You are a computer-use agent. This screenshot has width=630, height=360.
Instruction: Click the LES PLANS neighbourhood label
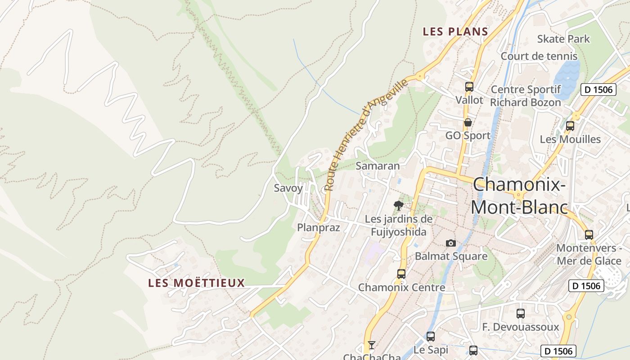pyautogui.click(x=455, y=31)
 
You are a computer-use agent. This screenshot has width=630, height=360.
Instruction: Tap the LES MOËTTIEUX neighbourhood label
pyautogui.click(x=197, y=283)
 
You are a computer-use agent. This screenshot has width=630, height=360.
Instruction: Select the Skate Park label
pyautogui.click(x=563, y=39)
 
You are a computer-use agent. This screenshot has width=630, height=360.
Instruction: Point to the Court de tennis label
pyautogui.click(x=539, y=56)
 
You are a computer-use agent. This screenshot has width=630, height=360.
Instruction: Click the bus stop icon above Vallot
pyautogui.click(x=469, y=87)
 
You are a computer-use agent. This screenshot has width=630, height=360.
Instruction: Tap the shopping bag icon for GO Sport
pyautogui.click(x=468, y=122)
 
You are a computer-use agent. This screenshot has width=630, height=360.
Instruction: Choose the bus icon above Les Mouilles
pyautogui.click(x=570, y=126)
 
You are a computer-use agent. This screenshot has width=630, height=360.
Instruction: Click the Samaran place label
pyautogui.click(x=378, y=166)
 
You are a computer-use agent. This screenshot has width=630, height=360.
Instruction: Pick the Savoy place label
pyautogui.click(x=288, y=188)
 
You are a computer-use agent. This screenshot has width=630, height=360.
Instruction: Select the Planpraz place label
pyautogui.click(x=318, y=228)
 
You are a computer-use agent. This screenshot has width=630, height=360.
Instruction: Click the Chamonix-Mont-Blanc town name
pyautogui.click(x=518, y=196)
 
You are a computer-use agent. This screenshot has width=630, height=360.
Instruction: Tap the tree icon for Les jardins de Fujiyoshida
pyautogui.click(x=398, y=206)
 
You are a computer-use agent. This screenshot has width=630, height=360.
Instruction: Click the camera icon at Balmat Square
pyautogui.click(x=451, y=243)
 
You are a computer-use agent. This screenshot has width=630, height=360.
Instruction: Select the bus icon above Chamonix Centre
pyautogui.click(x=401, y=274)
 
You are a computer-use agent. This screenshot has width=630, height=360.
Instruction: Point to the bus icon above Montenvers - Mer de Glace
pyautogui.click(x=589, y=234)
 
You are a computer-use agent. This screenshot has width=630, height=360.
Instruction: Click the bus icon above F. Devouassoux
pyautogui.click(x=521, y=314)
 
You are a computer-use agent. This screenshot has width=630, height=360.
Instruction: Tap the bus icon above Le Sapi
pyautogui.click(x=431, y=336)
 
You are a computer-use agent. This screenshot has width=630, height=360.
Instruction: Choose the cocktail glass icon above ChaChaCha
pyautogui.click(x=371, y=345)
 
